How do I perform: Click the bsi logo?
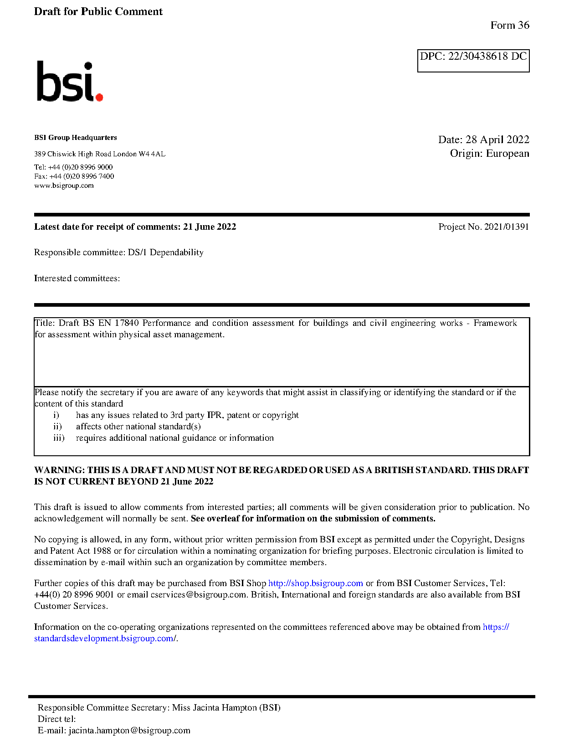pyautogui.click(x=69, y=82)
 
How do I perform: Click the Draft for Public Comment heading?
pyautogui.click(x=98, y=12)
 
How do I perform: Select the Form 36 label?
pyautogui.click(x=509, y=26)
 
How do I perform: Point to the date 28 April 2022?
pyautogui.click(x=497, y=139)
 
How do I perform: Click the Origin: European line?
pyautogui.click(x=489, y=153)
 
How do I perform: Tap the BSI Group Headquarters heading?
pyautogui.click(x=75, y=138)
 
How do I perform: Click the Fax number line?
pyautogui.click(x=74, y=176)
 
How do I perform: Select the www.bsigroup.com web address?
pyautogui.click(x=64, y=185)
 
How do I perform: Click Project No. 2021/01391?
pyautogui.click(x=483, y=227)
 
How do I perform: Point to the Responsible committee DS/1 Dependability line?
pyautogui.click(x=118, y=252)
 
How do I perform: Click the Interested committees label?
pyautogui.click(x=77, y=278)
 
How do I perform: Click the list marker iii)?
pyautogui.click(x=59, y=438)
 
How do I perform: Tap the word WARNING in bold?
pyautogui.click(x=59, y=470)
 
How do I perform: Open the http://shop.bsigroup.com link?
pyautogui.click(x=315, y=583)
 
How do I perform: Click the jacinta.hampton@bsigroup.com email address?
pyautogui.click(x=129, y=731)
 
